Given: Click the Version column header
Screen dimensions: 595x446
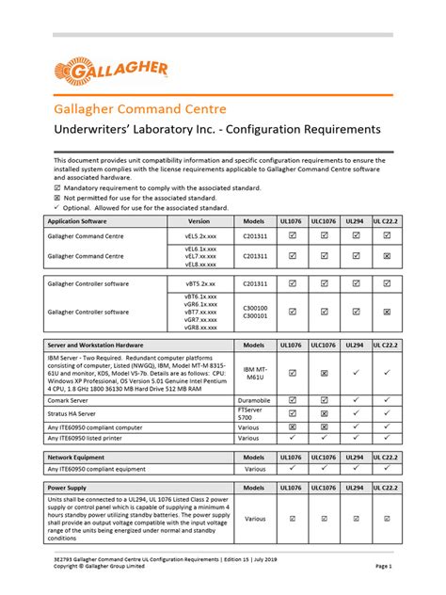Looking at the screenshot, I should [x=199, y=221].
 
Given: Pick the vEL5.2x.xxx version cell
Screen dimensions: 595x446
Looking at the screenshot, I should [x=199, y=235].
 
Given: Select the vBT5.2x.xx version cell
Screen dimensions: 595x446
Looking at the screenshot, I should [x=199, y=282].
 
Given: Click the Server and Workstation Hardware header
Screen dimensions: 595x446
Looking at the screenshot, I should [x=95, y=346].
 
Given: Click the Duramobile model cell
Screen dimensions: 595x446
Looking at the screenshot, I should [x=255, y=399].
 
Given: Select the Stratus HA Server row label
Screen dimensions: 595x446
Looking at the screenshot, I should [x=77, y=412].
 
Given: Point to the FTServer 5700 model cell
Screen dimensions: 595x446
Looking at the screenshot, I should [x=255, y=412].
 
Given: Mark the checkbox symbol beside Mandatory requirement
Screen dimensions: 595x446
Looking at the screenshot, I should [x=57, y=187].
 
